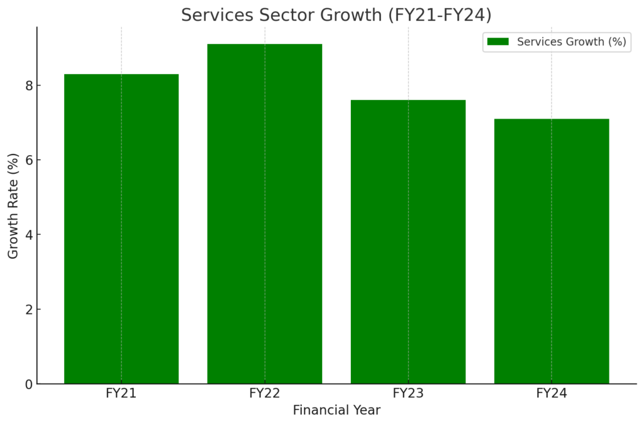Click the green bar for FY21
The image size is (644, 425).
[121, 229]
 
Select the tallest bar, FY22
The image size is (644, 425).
[265, 213]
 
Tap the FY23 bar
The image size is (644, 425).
[408, 242]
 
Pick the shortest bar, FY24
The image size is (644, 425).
[552, 251]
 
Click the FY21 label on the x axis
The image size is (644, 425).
[121, 394]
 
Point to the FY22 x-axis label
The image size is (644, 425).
[265, 394]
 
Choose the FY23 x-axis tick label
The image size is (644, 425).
[408, 394]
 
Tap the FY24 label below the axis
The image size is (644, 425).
[552, 394]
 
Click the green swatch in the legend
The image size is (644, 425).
[497, 42]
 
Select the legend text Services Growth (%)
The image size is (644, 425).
[571, 42]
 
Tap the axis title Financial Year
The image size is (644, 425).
[336, 411]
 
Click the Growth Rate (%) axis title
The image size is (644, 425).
[13, 206]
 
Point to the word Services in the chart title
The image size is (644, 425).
[213, 14]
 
